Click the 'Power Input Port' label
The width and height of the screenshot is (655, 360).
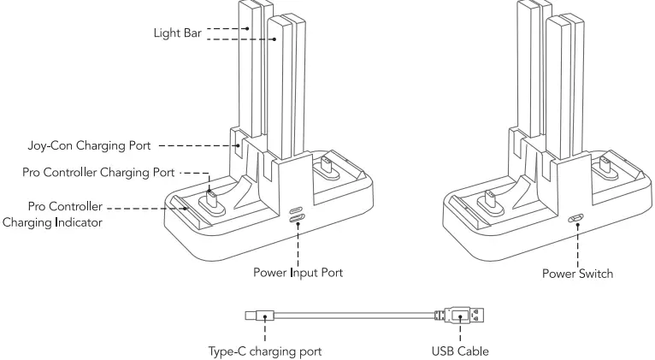(x=298, y=274)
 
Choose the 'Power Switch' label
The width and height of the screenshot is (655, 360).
(x=579, y=274)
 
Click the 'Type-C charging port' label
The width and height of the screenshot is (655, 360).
(x=264, y=351)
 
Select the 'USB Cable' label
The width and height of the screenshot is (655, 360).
(x=461, y=351)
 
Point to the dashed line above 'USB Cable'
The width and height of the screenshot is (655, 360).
(x=461, y=333)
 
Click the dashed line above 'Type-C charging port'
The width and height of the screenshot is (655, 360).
(x=264, y=333)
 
